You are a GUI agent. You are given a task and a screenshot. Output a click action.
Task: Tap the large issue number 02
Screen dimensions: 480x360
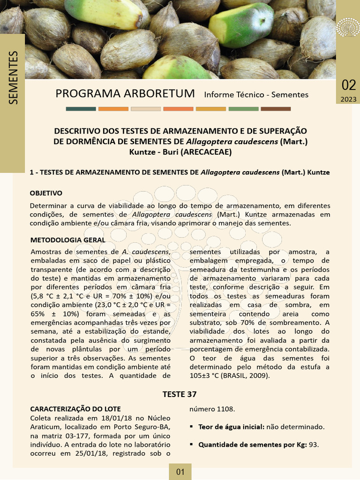click(x=348, y=85)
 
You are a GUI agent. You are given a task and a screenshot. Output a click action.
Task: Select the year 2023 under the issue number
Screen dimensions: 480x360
click(x=348, y=99)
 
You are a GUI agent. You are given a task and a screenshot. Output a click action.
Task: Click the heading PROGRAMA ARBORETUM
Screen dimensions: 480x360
click(x=125, y=93)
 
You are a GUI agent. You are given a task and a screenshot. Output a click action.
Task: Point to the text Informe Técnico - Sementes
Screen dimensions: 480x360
click(x=256, y=95)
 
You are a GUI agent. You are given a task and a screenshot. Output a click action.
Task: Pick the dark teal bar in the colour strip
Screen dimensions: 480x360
click(x=81, y=109)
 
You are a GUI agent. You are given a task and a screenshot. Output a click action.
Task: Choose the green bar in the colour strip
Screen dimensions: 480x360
click(x=243, y=109)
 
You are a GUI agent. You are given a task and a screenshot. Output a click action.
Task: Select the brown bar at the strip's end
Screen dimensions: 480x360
click(x=276, y=109)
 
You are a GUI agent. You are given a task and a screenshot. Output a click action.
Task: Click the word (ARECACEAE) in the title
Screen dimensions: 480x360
click(x=206, y=152)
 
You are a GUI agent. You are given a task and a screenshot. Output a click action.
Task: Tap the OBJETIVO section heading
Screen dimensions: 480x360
click(x=46, y=193)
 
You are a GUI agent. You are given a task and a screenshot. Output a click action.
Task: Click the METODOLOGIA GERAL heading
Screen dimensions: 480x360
click(x=67, y=240)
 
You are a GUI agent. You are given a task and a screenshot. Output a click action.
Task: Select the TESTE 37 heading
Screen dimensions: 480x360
click(x=180, y=394)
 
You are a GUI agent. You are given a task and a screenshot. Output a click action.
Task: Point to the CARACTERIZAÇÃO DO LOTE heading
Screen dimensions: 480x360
click(x=75, y=409)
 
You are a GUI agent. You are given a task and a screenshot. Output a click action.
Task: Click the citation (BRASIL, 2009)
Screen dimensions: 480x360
click(x=247, y=375)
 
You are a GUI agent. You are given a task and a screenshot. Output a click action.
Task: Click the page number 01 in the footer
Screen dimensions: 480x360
click(x=180, y=472)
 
